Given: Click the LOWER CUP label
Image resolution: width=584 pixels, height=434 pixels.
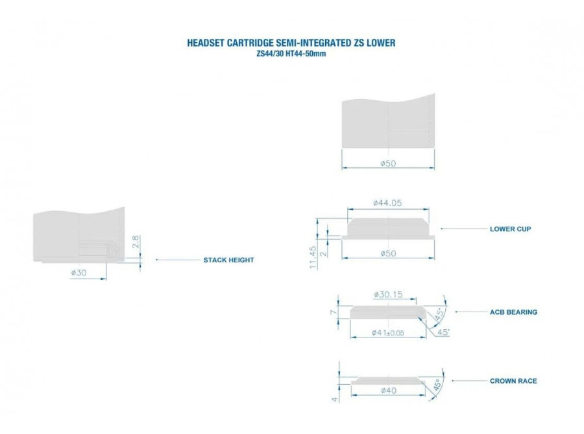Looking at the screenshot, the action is coord(510,229).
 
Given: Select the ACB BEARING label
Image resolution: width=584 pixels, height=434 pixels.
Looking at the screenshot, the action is coord(513,312).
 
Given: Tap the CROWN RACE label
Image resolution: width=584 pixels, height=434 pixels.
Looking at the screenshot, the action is coord(513,381).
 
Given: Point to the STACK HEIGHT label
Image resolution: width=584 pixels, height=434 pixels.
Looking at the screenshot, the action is coord(228,260).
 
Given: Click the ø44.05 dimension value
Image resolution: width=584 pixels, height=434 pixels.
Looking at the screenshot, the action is coord(387,203).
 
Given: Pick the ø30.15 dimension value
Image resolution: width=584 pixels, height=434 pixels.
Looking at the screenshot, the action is coord(388,295).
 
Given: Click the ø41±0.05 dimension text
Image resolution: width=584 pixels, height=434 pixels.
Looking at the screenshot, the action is coord(388,333).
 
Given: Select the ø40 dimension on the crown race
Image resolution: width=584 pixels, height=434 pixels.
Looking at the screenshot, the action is coord(389,390).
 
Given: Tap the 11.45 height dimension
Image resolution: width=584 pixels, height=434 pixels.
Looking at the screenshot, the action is coord(313,257).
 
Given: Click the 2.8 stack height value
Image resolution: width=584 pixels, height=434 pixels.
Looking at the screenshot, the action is coord(136,242).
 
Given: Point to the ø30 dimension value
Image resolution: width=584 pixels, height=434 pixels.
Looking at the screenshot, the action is coord(79,273).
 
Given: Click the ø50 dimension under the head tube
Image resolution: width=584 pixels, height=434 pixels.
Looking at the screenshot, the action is coord(388,163).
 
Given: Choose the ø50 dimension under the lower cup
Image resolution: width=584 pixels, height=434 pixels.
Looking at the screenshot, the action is coord(388,253).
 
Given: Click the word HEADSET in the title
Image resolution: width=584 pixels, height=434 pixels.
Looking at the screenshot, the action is coord(206,43).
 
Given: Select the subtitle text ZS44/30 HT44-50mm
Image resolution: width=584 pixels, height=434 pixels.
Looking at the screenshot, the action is coord(291,54).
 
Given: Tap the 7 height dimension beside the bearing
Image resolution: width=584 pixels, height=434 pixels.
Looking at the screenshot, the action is coord(334,312).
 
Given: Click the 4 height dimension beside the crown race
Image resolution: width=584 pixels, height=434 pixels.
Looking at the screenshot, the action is coord(335,399).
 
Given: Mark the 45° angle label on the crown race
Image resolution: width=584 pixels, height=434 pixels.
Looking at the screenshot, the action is coord(437,385).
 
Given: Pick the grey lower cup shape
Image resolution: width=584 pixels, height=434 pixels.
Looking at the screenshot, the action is coord(388,227).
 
